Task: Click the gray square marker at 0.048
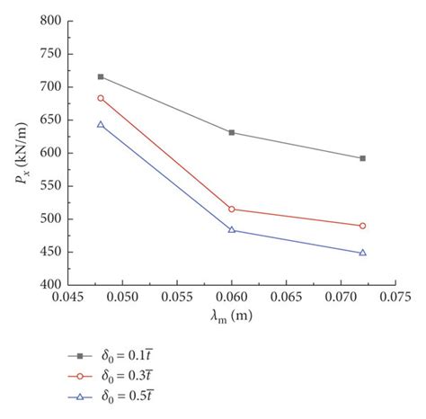101,76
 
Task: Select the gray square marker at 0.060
232,132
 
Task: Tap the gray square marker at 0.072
362,158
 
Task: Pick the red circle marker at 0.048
101,98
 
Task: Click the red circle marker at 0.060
232,209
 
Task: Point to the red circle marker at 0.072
362,226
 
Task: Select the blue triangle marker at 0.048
101,124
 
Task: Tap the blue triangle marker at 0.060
232,229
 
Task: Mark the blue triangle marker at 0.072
362,253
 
